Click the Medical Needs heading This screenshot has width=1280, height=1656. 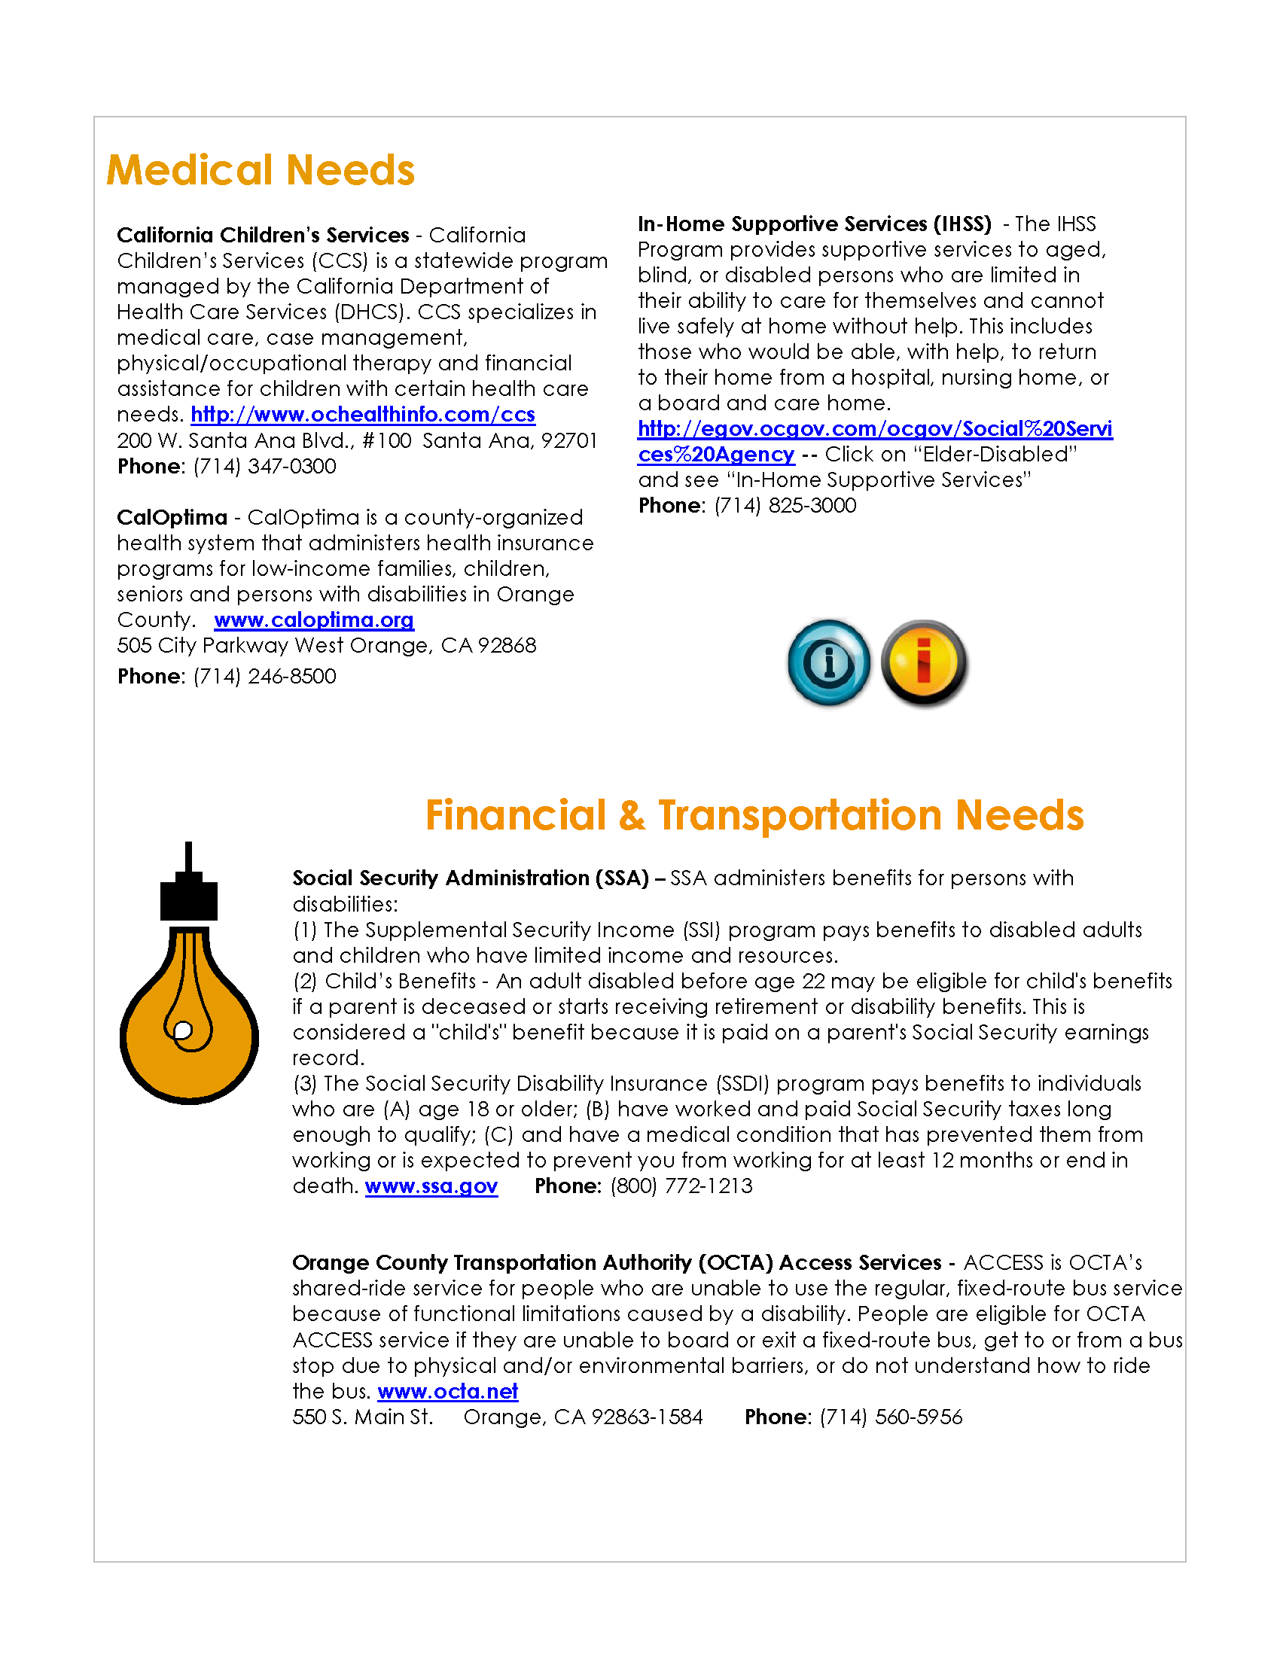click(260, 170)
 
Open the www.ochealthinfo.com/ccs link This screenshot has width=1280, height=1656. click(362, 415)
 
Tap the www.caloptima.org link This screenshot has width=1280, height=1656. click(313, 620)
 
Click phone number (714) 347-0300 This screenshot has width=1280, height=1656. click(264, 467)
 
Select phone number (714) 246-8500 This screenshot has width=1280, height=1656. click(264, 677)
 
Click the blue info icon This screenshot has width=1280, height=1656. click(829, 662)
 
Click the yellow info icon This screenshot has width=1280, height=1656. click(924, 662)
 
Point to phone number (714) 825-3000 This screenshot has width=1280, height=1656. click(785, 506)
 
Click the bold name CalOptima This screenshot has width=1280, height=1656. click(172, 518)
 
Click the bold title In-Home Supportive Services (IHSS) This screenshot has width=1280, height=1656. click(815, 224)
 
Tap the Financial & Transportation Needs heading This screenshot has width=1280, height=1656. click(754, 815)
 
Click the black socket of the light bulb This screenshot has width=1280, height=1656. click(189, 899)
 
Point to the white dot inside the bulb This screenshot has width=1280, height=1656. click(183, 1030)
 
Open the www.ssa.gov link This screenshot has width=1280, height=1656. click(431, 1186)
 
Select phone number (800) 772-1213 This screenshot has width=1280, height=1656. click(681, 1186)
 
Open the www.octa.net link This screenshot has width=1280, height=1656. click(447, 1392)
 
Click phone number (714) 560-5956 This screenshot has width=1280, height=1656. click(890, 1417)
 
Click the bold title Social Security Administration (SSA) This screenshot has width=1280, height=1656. click(470, 878)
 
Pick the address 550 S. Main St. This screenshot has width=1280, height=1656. click(362, 1417)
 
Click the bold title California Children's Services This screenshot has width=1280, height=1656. click(263, 236)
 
